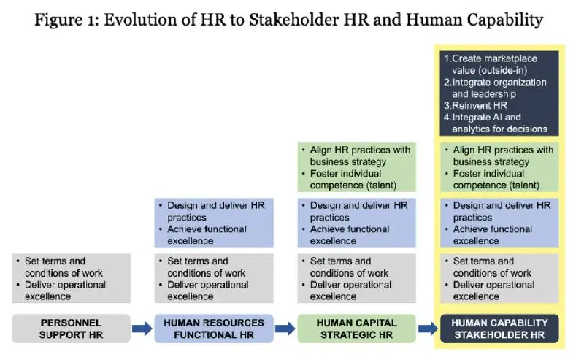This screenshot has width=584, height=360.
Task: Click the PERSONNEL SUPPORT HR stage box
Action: [x=71, y=329]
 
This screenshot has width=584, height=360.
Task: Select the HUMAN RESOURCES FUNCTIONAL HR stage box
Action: [x=214, y=329]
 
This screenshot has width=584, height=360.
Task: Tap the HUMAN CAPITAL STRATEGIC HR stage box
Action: [x=356, y=329]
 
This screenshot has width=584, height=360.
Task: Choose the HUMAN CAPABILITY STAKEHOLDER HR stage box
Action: [x=499, y=329]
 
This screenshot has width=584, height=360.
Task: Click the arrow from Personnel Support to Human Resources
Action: [x=142, y=329]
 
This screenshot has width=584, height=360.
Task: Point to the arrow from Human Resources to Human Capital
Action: [x=285, y=329]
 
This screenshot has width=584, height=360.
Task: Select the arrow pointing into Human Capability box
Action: [x=429, y=329]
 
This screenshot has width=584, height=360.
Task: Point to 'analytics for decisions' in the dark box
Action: [x=499, y=129]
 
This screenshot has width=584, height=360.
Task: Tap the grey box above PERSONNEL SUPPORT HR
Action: [x=71, y=278]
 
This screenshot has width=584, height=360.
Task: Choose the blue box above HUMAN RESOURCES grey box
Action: [x=214, y=223]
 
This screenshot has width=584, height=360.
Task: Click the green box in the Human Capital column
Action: [x=356, y=167]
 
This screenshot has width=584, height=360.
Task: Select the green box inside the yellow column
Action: [x=499, y=167]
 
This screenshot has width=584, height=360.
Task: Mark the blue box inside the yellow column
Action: [x=499, y=223]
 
